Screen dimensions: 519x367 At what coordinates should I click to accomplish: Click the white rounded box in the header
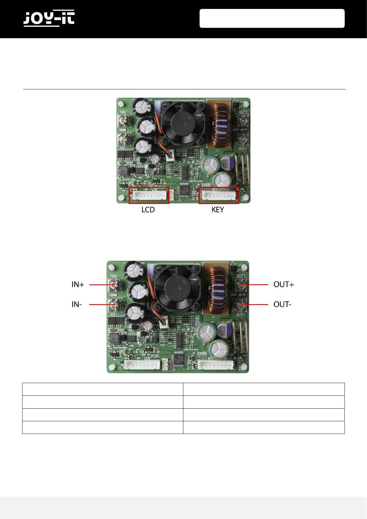pos(272,18)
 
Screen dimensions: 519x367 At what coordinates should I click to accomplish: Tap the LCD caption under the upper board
pos(148,210)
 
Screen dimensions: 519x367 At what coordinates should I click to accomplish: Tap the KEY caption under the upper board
pos(218,210)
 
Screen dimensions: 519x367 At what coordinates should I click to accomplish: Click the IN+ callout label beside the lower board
pos(78,284)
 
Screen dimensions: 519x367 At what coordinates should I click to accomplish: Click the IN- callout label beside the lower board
pos(77,304)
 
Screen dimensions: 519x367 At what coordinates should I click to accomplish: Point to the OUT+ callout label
pos(284,284)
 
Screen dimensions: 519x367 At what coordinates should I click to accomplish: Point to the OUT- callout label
pos(282,304)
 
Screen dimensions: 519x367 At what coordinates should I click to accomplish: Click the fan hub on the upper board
pos(183,123)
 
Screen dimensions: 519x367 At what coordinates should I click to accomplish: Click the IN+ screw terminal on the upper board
pos(123,121)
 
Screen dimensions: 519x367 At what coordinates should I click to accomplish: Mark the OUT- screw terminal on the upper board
pos(242,139)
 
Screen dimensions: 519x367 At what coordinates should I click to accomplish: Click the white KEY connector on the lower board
pos(216,365)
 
